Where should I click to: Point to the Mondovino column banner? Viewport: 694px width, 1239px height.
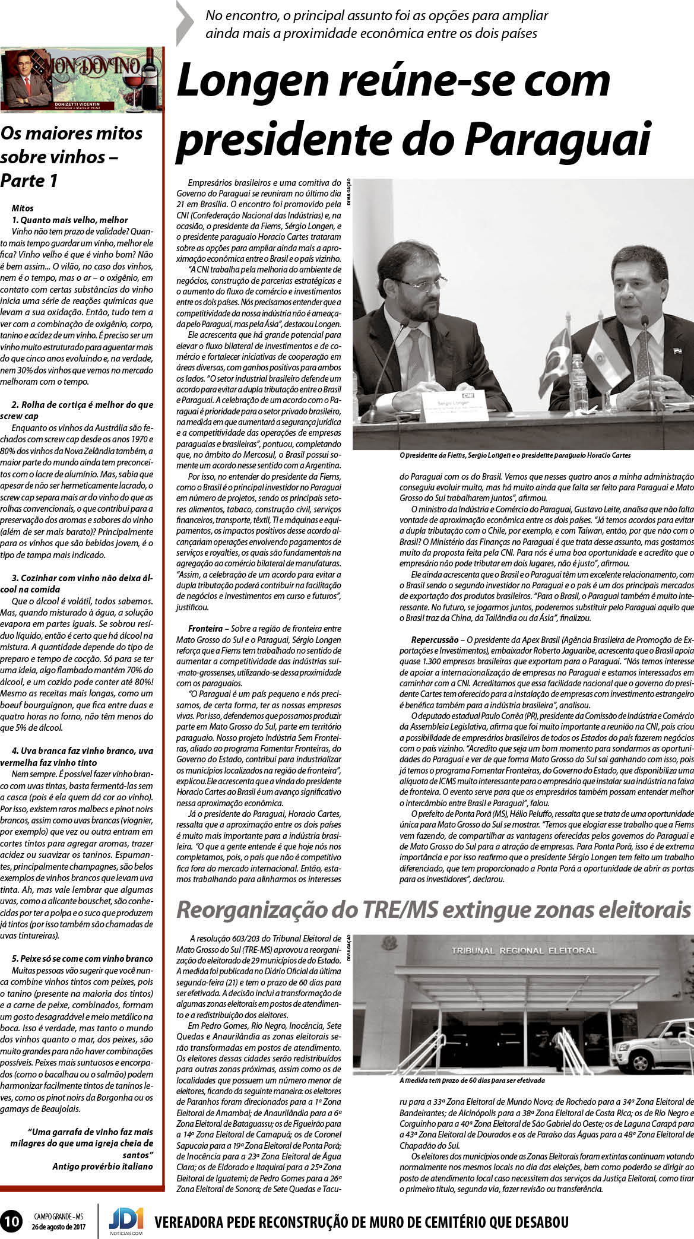click(83, 80)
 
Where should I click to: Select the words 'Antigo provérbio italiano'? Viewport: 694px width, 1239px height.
click(102, 1149)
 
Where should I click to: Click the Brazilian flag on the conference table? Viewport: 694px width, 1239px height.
click(556, 360)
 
